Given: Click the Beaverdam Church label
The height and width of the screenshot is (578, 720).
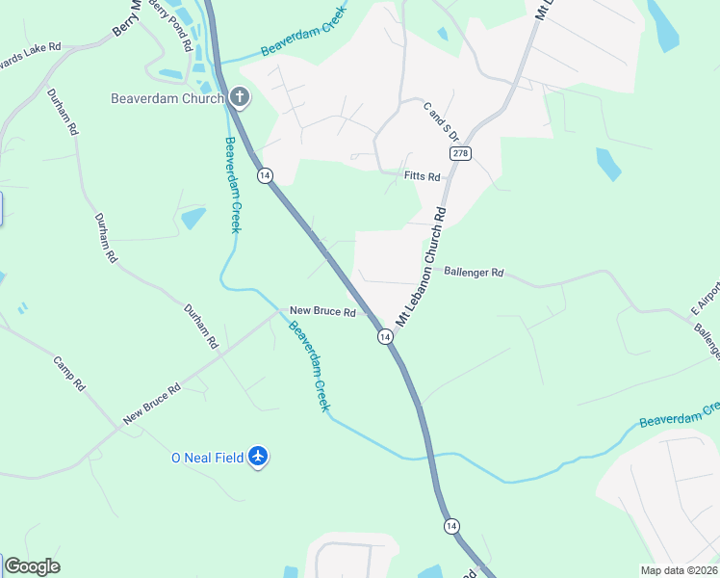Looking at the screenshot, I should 167,98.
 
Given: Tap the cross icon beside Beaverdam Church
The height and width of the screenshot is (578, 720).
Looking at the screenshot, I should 239,97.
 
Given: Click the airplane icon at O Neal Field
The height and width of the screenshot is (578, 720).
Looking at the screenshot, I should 257,456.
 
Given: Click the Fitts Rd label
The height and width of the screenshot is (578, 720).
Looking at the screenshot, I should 422,176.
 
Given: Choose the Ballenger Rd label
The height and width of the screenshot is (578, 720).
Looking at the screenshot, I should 474,273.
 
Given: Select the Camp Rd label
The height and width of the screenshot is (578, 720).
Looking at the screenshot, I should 70,374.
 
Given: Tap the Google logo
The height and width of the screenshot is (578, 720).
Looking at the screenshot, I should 31,566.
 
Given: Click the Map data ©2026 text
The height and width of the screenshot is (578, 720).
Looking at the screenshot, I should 679,570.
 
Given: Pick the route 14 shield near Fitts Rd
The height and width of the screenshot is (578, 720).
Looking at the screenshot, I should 265,175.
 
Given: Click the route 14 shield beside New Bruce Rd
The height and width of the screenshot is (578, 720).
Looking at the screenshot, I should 384,336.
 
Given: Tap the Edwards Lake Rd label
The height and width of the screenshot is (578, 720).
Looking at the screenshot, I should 29,50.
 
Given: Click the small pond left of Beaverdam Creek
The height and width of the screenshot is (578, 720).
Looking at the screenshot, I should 193,218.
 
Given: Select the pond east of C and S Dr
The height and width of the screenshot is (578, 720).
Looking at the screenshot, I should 608,165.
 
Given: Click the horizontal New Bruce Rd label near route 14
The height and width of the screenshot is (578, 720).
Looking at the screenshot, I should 323,312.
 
